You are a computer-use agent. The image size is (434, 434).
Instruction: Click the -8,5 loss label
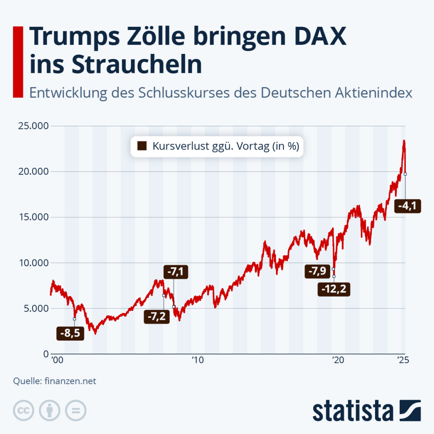70,334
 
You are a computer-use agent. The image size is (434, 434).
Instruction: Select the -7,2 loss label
156,317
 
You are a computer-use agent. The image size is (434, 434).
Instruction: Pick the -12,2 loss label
334,290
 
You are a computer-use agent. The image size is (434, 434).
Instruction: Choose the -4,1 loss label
407,206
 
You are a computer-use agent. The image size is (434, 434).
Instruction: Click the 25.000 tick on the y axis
32,126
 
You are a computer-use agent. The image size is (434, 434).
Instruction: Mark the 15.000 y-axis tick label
32,217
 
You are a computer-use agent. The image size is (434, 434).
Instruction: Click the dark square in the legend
142,147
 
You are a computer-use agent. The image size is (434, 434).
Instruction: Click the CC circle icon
24,410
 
